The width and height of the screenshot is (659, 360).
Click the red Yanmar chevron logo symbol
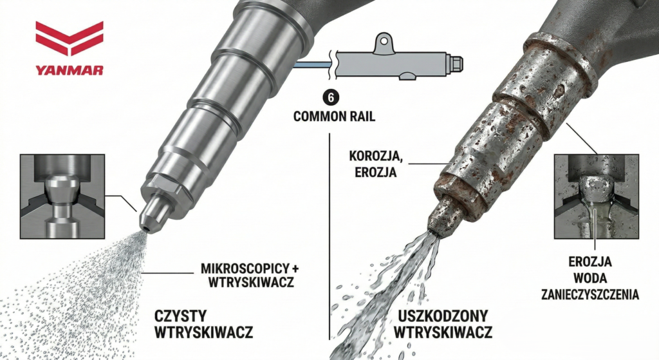70,38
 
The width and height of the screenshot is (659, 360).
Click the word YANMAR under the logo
70,70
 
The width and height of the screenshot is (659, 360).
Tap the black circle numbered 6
331,98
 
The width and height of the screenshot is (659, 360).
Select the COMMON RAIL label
334,117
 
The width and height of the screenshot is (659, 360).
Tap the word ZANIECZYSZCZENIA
590,294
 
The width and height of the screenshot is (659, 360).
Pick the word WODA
590,278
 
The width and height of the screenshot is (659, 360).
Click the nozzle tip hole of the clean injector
146,228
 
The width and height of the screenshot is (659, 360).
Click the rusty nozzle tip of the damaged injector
439,216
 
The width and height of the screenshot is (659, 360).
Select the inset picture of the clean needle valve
62,196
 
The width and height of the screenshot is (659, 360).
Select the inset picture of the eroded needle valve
597,196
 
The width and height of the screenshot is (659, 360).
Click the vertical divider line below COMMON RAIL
329,236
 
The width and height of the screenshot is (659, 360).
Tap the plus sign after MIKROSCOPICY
296,269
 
